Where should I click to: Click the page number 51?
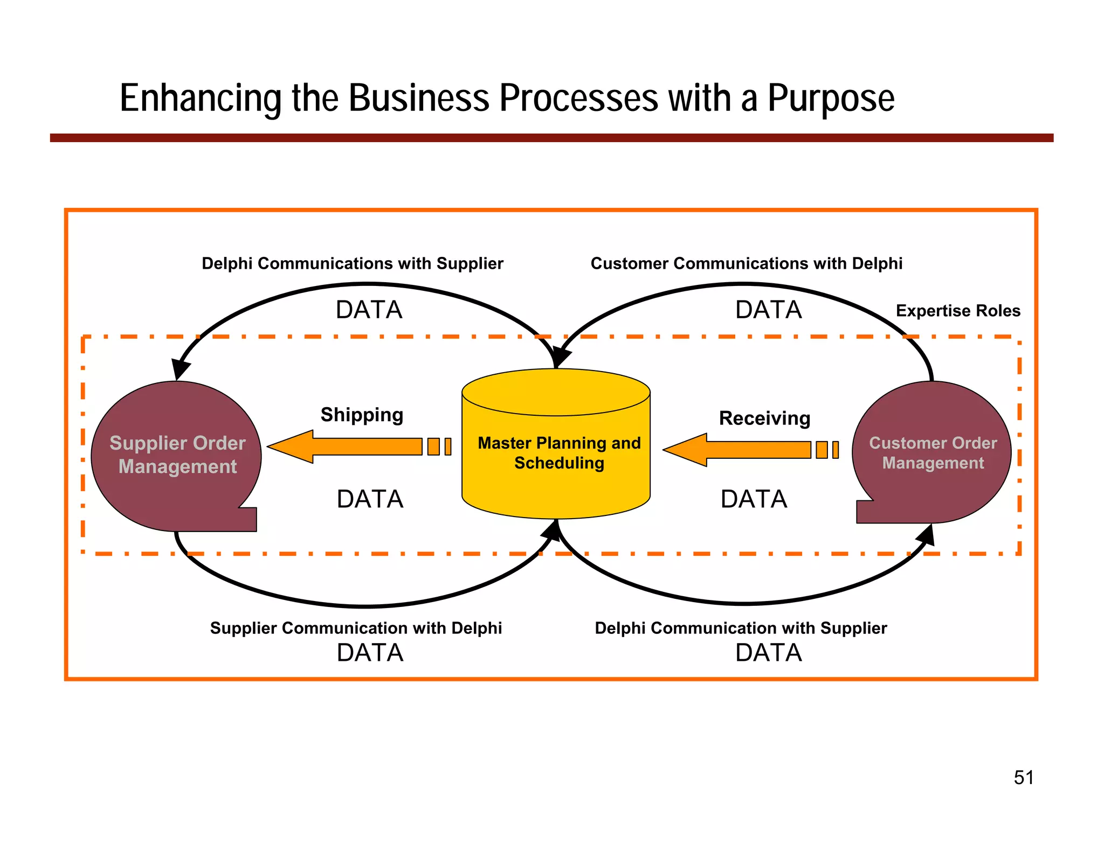(1023, 778)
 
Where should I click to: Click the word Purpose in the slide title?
(831, 99)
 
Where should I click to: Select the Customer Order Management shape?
(933, 452)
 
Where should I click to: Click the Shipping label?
(362, 415)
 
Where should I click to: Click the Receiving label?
(764, 418)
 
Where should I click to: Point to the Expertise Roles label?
(957, 311)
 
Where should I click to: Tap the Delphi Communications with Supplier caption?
(352, 263)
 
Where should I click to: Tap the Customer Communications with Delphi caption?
(746, 263)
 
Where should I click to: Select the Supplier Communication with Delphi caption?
(356, 628)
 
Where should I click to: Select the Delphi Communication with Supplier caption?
(740, 628)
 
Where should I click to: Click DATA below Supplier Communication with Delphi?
(370, 653)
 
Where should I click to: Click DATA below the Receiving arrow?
(754, 499)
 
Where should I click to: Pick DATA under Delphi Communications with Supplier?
(369, 310)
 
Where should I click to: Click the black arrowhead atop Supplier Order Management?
(181, 369)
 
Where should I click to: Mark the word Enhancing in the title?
(201, 99)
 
